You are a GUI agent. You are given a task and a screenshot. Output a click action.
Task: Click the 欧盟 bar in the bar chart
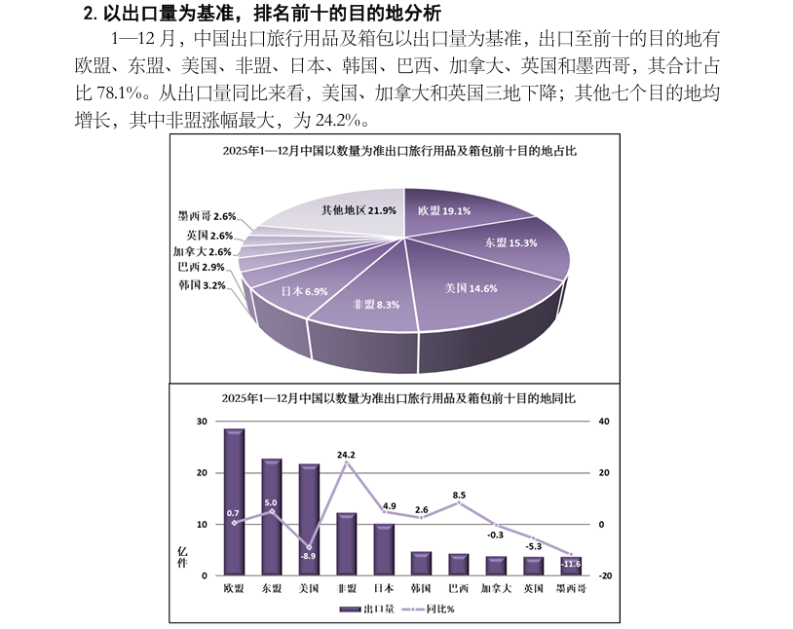click(234, 501)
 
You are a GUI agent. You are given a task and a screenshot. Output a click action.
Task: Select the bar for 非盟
click(347, 543)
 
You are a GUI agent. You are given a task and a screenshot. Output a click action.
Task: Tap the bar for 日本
click(384, 549)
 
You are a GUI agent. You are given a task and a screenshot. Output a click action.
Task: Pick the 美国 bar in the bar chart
click(309, 519)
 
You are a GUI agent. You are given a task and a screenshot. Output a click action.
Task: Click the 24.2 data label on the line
click(346, 454)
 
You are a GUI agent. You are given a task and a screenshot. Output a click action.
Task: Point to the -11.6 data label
click(571, 564)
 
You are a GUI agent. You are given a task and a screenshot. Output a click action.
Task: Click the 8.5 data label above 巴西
click(459, 495)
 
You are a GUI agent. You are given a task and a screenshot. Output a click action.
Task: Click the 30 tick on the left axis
click(202, 421)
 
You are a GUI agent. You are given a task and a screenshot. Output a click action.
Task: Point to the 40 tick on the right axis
click(604, 421)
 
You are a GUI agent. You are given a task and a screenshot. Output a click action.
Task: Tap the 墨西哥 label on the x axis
click(571, 588)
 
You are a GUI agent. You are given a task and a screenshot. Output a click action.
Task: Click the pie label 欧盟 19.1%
click(444, 210)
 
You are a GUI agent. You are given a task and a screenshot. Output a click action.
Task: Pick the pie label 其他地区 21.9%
click(359, 210)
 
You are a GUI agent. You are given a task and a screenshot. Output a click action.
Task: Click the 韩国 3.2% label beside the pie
click(202, 285)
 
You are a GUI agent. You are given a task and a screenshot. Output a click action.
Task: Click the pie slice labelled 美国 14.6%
click(471, 288)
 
